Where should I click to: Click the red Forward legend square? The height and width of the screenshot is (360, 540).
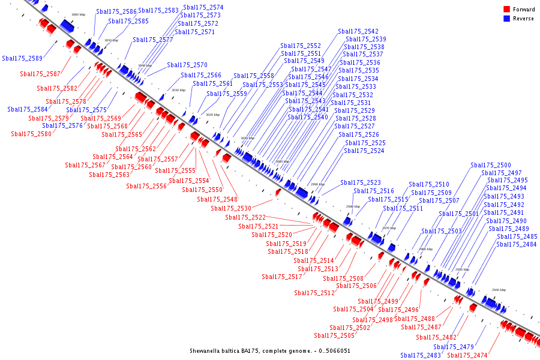tap(506, 9)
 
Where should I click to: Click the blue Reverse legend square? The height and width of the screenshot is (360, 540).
tap(506, 19)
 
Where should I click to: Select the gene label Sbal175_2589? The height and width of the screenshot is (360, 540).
tap(22, 59)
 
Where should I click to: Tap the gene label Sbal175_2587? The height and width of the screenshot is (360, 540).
tap(40, 74)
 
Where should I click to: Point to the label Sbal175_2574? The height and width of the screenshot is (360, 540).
tap(203, 8)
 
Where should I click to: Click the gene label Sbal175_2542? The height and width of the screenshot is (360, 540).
tap(358, 32)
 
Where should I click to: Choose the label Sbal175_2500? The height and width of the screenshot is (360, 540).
tap(491, 166)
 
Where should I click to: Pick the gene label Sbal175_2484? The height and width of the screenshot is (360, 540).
tap(517, 245)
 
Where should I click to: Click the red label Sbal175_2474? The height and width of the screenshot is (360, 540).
tap(467, 356)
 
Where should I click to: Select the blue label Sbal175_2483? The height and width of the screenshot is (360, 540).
tap(421, 356)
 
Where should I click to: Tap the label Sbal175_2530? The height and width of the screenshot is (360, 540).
tap(231, 209)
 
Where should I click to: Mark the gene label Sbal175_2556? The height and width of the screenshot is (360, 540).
tap(146, 187)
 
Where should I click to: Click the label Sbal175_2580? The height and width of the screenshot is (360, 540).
tap(31, 134)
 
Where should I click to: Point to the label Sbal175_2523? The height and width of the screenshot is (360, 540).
tap(361, 183)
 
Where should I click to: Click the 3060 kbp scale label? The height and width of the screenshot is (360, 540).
tap(78, 14)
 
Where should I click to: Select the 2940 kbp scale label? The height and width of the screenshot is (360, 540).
tap(499, 290)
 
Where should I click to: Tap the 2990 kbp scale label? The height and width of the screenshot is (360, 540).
tap(317, 184)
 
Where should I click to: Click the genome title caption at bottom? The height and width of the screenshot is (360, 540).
tap(270, 351)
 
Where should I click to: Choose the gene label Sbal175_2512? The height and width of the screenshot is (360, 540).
tap(314, 293)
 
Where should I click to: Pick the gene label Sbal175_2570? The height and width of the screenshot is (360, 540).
tap(187, 65)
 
